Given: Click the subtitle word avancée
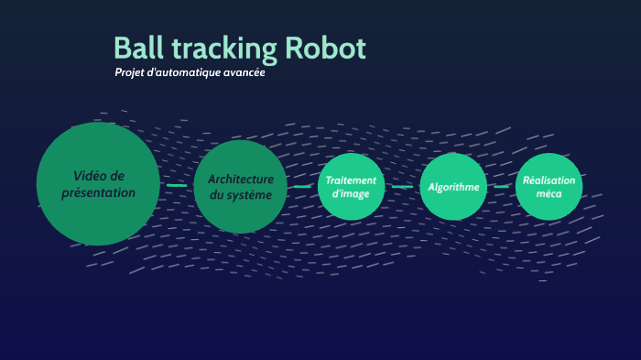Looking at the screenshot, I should click(243, 73).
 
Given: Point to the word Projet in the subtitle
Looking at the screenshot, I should click(130, 73).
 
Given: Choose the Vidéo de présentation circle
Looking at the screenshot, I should click(98, 183).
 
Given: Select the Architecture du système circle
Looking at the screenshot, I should click(240, 186).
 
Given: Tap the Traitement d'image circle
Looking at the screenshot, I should click(351, 186).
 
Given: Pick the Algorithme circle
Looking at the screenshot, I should click(453, 187).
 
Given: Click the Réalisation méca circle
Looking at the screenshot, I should click(549, 186).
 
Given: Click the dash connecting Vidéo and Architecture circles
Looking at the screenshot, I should click(177, 185).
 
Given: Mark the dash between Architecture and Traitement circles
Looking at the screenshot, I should click(302, 186).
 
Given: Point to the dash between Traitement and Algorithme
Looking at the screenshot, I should click(402, 186).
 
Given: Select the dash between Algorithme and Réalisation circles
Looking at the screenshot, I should click(502, 186).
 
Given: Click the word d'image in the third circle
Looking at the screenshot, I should click(351, 193).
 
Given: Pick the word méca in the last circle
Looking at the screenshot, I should click(549, 194).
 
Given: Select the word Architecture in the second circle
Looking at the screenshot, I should click(240, 179).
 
